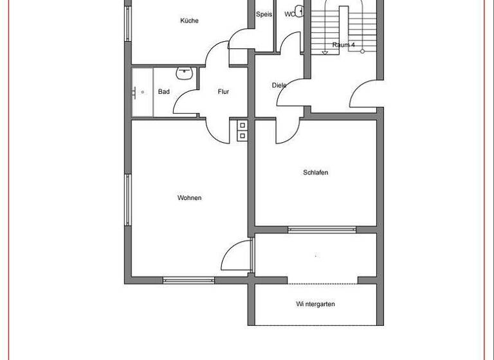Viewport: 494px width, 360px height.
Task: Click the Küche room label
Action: click(x=189, y=21)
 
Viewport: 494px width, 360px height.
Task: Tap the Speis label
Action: click(x=264, y=14)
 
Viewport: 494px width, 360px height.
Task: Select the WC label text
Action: click(x=290, y=14)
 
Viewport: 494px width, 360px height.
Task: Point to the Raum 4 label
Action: click(x=343, y=45)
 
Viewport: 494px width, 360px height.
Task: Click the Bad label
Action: click(x=164, y=92)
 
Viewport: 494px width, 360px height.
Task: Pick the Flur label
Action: click(x=223, y=92)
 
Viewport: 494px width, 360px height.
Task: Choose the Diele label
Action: click(x=279, y=85)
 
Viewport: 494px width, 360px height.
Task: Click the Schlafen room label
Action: click(x=315, y=172)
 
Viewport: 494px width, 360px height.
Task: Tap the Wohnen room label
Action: click(x=189, y=198)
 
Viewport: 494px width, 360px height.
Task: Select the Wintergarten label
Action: click(x=315, y=304)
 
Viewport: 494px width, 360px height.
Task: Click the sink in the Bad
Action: click(x=185, y=73)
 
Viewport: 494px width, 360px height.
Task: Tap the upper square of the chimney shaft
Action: click(x=242, y=125)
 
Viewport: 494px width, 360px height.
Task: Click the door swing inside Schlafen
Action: click(x=288, y=131)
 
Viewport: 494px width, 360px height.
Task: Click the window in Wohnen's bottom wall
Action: click(x=188, y=279)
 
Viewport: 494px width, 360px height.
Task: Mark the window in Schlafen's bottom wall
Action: click(x=322, y=229)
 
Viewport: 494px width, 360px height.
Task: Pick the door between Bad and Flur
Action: click(x=187, y=103)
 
